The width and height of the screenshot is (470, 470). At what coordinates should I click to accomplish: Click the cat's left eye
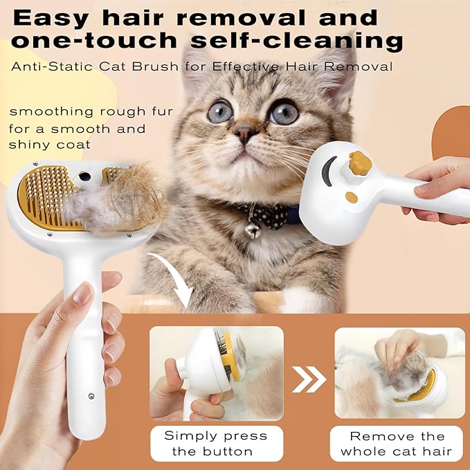point(220,111)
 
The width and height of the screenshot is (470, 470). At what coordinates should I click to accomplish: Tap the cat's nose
point(243,133)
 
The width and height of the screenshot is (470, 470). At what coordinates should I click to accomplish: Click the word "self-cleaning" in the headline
point(315,41)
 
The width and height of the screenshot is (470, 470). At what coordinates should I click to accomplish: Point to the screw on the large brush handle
point(91,396)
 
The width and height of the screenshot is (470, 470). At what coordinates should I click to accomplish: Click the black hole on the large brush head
point(84,177)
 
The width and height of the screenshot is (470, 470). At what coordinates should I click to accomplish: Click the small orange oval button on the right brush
point(352,197)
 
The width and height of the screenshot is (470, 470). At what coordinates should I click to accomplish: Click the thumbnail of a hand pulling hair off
point(400,374)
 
